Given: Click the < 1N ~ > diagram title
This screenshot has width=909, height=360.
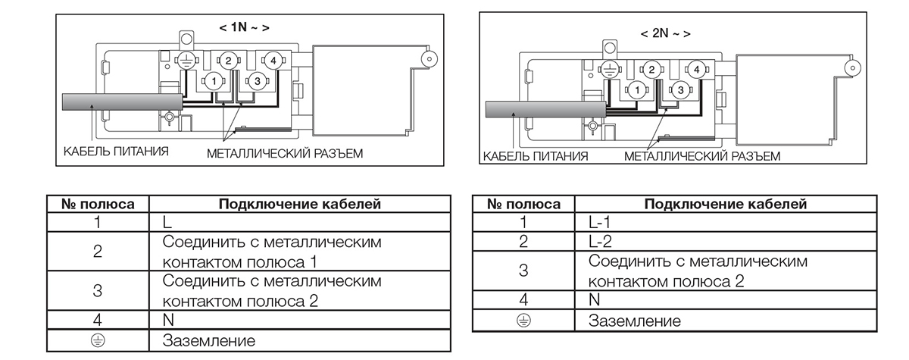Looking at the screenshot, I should [x=244, y=27].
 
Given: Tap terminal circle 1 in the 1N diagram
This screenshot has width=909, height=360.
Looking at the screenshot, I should [x=214, y=80].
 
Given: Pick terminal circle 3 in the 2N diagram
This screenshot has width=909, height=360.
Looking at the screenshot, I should [x=680, y=90].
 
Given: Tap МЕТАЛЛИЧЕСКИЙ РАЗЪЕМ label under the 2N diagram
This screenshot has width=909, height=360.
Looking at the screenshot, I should [x=701, y=156].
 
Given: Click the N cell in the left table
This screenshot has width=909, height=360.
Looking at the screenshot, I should [x=168, y=320].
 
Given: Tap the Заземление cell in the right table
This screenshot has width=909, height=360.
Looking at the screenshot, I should [x=635, y=321].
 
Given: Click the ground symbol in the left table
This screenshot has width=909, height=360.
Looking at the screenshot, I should [x=98, y=340].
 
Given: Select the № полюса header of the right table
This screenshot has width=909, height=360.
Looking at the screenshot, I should [x=523, y=204].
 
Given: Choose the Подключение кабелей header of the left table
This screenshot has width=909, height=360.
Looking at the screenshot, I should [x=299, y=204].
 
